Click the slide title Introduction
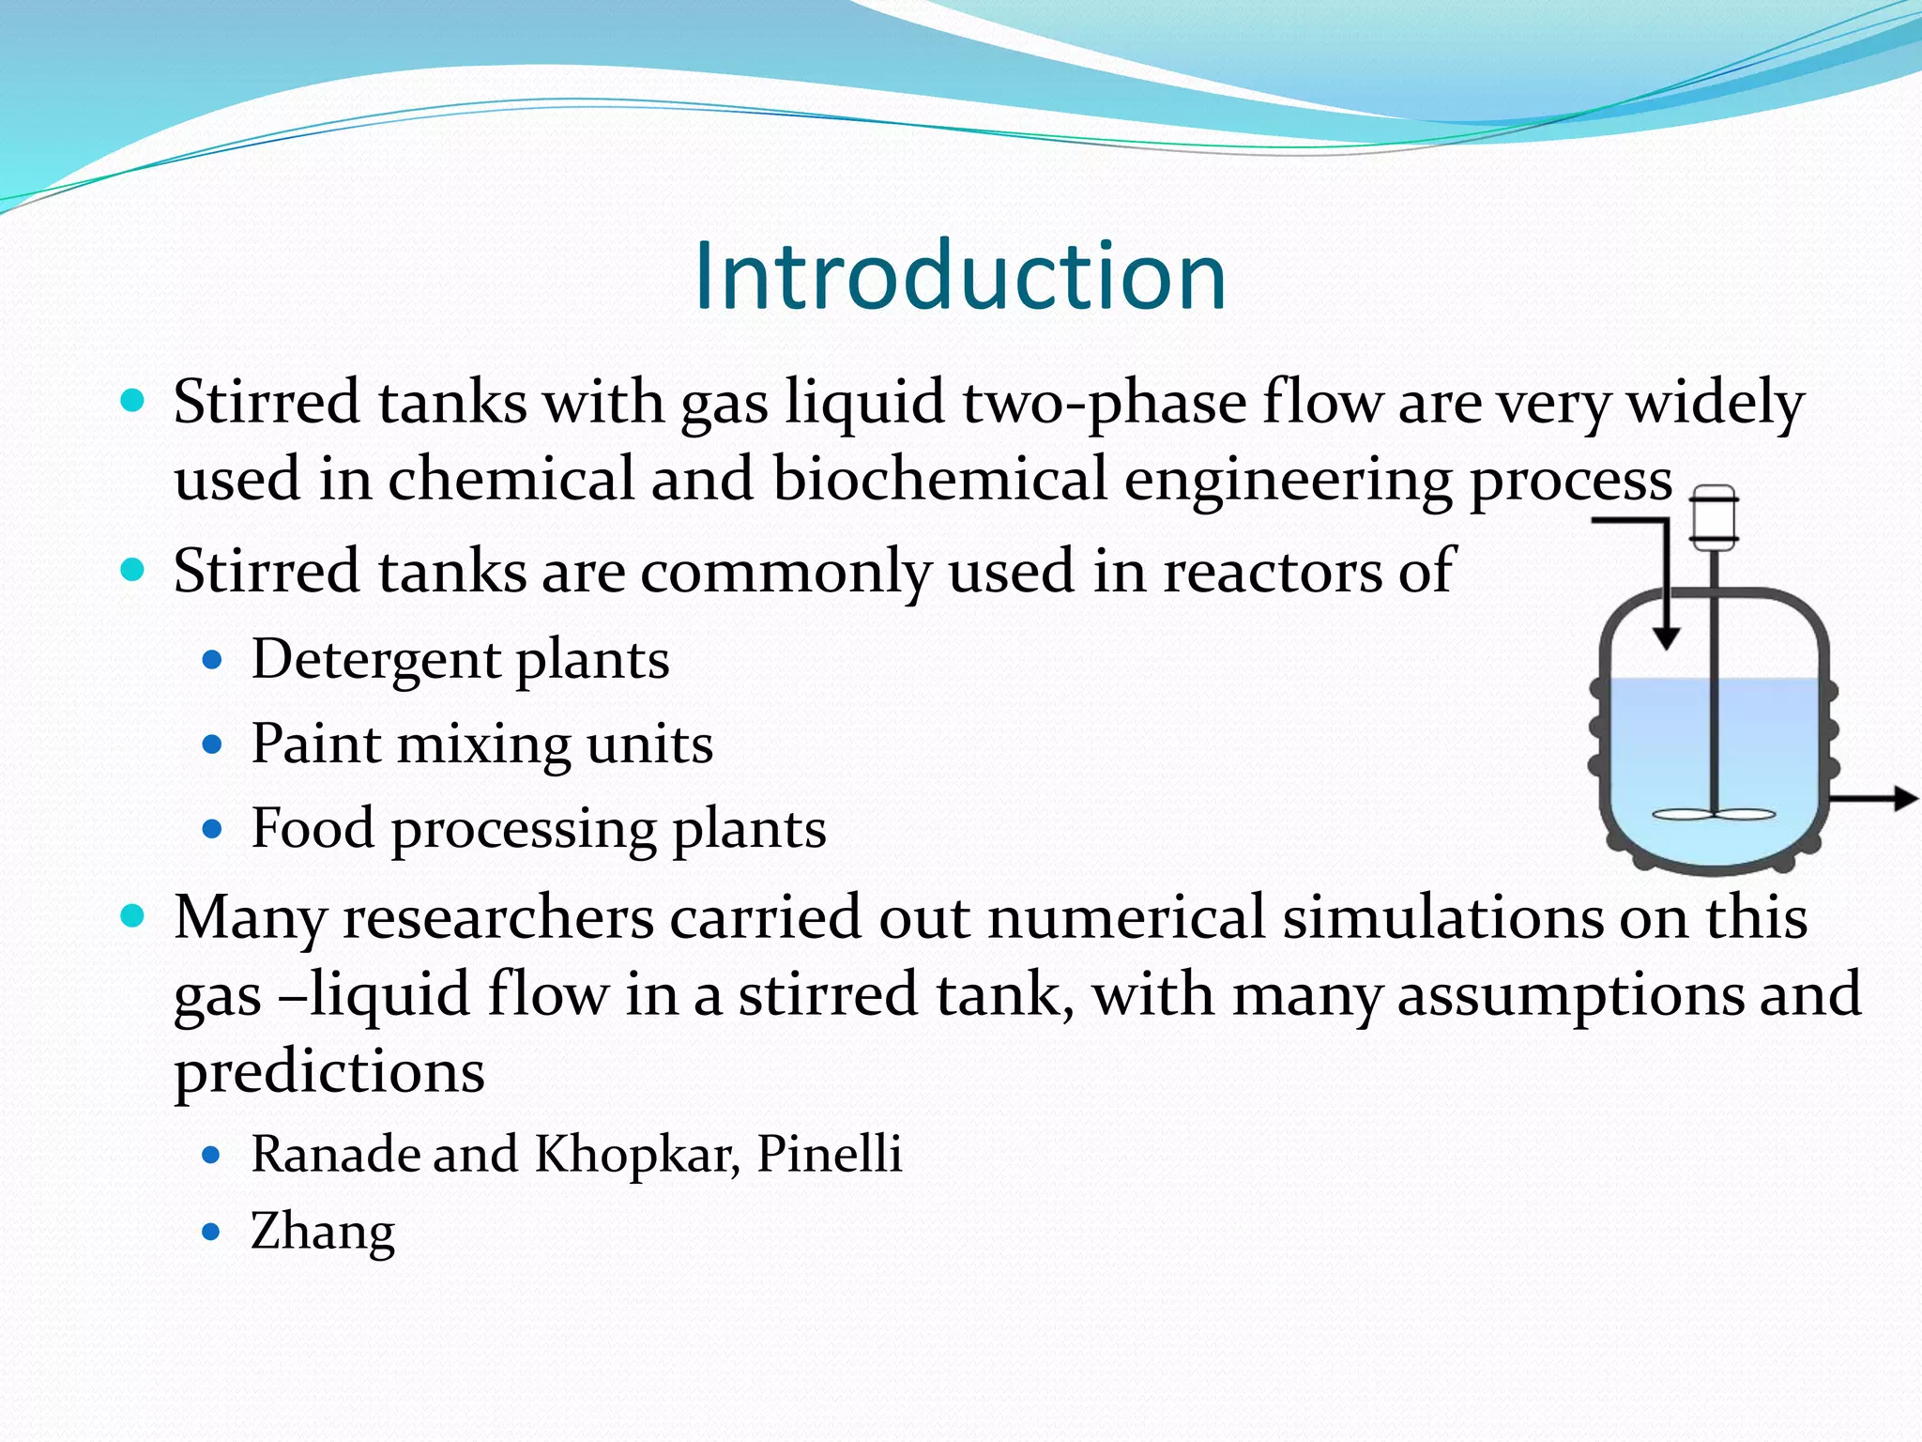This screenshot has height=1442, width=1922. point(960,276)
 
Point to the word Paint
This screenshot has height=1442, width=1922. point(316,744)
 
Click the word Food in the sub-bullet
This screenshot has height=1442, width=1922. point(313,828)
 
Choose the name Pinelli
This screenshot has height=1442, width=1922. point(829,1153)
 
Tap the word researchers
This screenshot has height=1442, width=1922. point(498,917)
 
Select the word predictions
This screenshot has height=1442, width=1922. point(329,1072)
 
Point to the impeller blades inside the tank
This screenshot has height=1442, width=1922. point(1714,815)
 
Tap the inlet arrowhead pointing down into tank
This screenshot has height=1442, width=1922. point(1666,638)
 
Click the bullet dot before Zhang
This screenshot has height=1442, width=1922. point(212,1232)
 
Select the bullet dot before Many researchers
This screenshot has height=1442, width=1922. point(133,915)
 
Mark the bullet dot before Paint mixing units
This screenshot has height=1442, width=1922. point(212,745)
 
